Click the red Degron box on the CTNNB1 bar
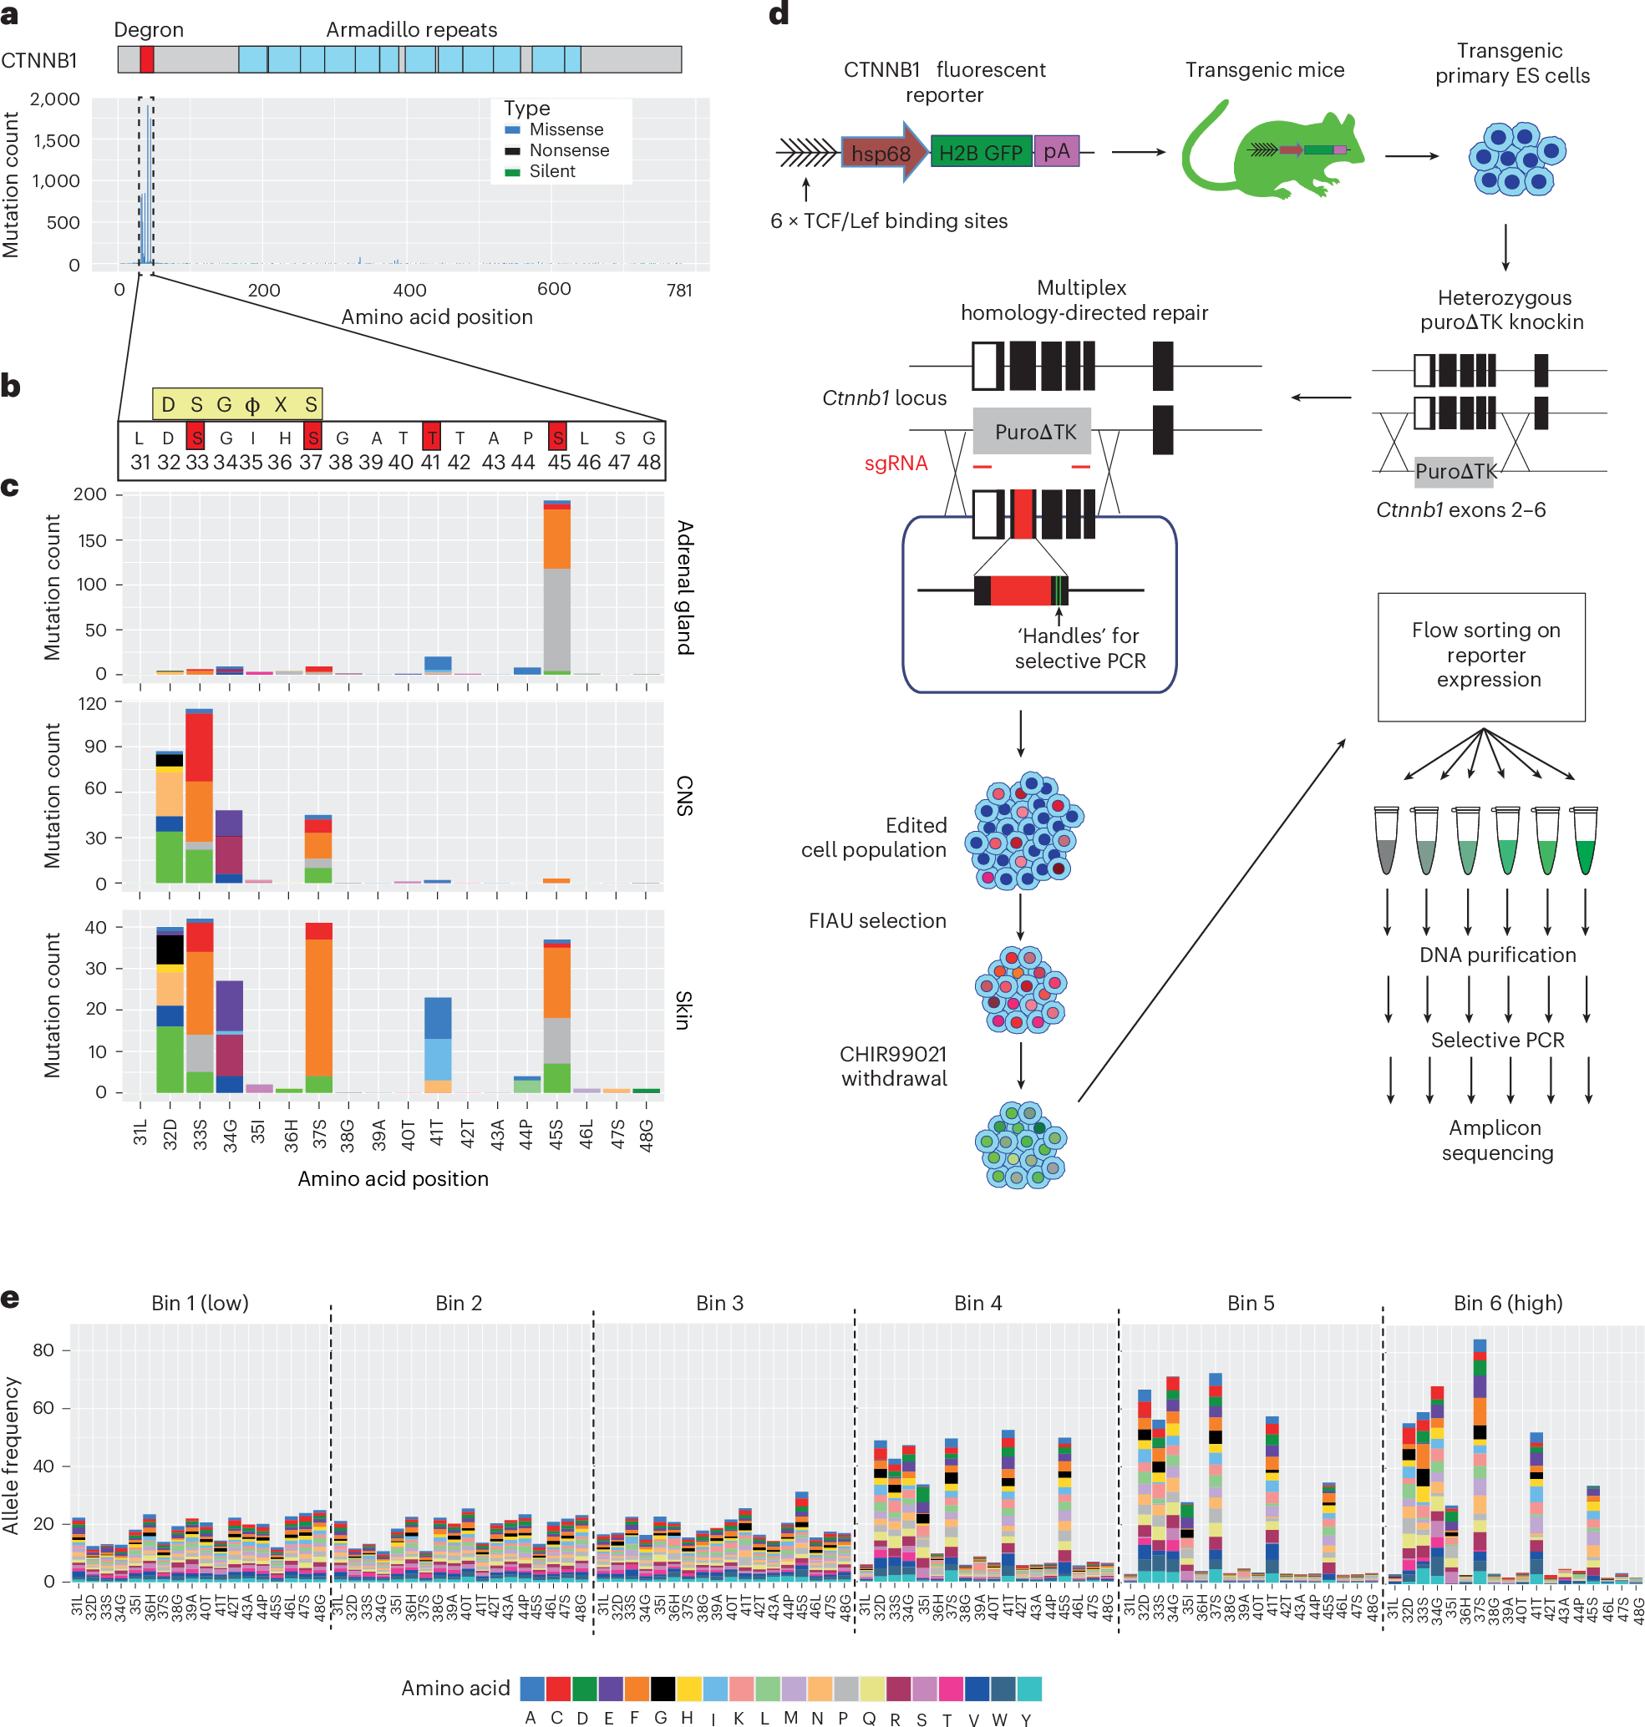point(146,59)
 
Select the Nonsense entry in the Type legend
point(568,150)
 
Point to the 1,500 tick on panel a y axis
point(56,140)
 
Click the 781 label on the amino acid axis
point(679,290)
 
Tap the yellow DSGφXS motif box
point(236,404)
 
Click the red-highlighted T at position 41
point(430,438)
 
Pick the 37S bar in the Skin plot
point(318,1008)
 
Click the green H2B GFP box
point(980,153)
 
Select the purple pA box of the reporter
point(1056,152)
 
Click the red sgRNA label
point(896,463)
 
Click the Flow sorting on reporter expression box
point(1480,656)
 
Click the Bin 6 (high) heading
point(1507,1303)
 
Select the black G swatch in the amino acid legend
point(662,1688)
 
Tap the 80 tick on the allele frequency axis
point(43,1350)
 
